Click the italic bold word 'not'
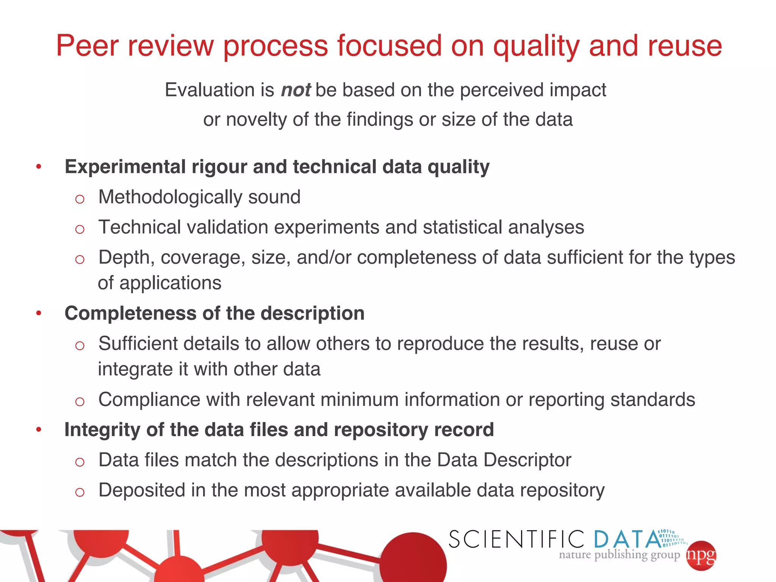(x=296, y=90)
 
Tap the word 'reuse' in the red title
(x=685, y=46)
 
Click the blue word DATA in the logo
(x=627, y=539)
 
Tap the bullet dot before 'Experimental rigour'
(x=39, y=166)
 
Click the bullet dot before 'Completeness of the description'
(x=39, y=313)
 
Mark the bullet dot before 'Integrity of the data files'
(x=39, y=429)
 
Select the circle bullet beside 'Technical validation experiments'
(x=80, y=229)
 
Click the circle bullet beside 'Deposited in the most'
(x=80, y=492)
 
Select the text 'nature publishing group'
(x=619, y=555)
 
